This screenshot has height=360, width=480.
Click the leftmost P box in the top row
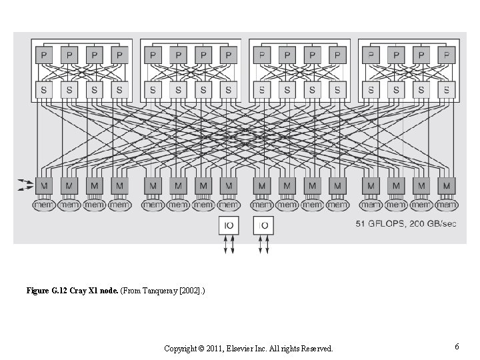[x=45, y=55]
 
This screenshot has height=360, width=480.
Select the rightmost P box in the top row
[x=446, y=55]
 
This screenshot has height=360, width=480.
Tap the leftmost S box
[x=45, y=89]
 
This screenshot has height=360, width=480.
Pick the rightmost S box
[x=446, y=89]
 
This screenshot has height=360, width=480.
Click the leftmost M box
[x=45, y=185]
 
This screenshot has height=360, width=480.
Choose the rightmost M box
[x=446, y=185]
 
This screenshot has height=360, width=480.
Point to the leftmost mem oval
[x=45, y=205]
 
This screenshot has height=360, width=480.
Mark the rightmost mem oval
[x=446, y=205]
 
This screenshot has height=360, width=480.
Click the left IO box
[x=229, y=226]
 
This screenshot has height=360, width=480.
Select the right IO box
[x=263, y=226]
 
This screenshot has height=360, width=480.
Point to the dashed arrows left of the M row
[x=25, y=185]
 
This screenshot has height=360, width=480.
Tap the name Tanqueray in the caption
[x=159, y=291]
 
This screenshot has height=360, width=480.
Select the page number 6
[x=457, y=347]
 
